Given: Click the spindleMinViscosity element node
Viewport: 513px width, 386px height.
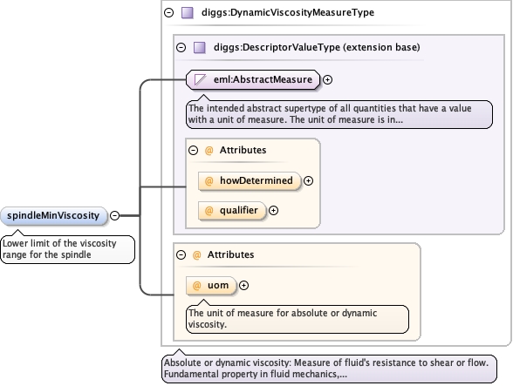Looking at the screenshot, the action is point(54,216).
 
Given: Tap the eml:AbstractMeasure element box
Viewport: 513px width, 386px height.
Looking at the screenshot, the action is point(253,79).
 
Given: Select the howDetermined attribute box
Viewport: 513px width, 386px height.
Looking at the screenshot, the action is point(250,180).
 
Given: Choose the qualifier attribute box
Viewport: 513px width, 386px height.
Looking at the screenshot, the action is point(232,211).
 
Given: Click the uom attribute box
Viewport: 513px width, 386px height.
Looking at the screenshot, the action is point(211,286).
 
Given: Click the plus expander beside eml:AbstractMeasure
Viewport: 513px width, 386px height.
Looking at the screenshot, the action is point(327,80).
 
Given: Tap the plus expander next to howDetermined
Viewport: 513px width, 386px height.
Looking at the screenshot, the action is point(308,180).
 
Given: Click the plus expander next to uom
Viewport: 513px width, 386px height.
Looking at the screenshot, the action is point(243,285).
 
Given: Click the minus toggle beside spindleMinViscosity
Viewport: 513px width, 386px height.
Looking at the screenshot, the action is point(114,216).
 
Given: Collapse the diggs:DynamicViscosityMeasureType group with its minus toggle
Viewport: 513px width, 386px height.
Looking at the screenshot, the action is point(169,13).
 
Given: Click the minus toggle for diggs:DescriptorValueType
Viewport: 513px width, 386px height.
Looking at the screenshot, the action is point(181,47).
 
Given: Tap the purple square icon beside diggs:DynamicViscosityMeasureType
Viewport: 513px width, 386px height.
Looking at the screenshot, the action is point(188,13).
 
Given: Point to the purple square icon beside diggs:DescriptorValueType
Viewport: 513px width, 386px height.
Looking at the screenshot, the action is point(200,47).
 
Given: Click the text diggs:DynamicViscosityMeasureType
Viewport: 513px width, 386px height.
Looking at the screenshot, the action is point(288,13).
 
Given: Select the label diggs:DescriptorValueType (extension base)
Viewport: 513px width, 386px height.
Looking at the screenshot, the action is point(317,47).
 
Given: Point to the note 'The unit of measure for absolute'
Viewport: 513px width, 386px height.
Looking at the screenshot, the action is point(298,319).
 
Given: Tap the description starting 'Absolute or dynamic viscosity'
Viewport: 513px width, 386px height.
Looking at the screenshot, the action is point(330,369).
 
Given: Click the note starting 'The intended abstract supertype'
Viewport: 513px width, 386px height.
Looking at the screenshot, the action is point(339,114).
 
